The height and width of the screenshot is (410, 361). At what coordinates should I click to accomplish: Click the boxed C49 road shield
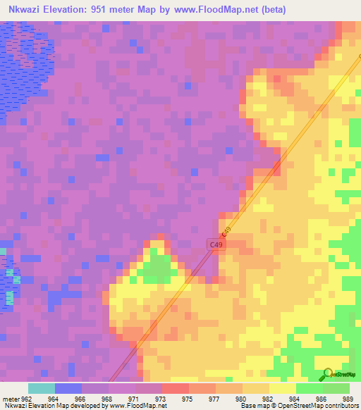click(216, 244)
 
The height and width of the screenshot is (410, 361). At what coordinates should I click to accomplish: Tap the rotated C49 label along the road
click(226, 232)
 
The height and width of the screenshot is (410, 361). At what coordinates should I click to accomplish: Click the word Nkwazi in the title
click(27, 10)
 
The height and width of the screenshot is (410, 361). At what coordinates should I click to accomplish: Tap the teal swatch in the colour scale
click(41, 388)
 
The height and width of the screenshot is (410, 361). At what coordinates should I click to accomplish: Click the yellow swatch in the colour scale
click(282, 388)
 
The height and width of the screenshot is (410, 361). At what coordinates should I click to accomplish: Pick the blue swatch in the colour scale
click(68, 388)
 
